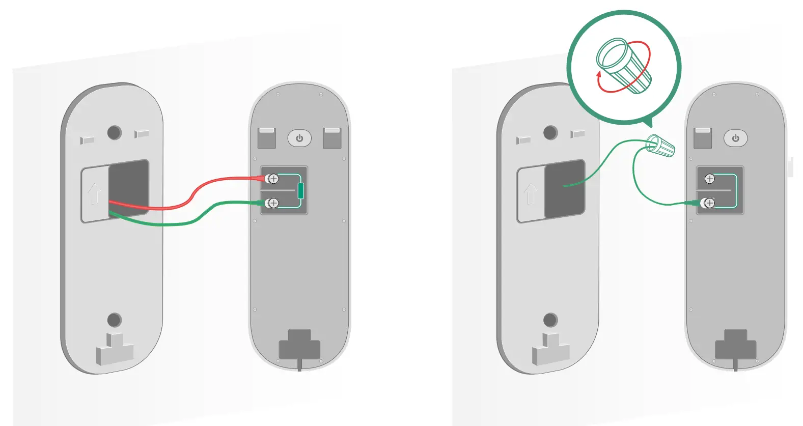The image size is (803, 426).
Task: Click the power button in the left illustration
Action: click(x=299, y=138)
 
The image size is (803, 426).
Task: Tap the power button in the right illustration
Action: click(x=735, y=138)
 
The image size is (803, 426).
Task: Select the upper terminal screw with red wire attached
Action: click(x=273, y=179)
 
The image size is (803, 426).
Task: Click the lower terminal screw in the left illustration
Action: click(x=273, y=203)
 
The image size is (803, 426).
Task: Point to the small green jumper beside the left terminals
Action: click(x=300, y=191)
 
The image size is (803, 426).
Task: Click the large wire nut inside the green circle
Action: click(x=624, y=66)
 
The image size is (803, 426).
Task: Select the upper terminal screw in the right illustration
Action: click(x=709, y=179)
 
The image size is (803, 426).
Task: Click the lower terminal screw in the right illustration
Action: click(x=709, y=203)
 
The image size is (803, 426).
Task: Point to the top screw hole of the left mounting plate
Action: click(x=114, y=133)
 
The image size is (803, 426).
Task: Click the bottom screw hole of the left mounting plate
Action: click(x=114, y=320)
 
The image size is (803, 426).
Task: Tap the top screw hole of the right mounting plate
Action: click(x=550, y=133)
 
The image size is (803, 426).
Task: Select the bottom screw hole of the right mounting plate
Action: click(x=550, y=320)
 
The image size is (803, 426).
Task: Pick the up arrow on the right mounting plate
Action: click(x=531, y=194)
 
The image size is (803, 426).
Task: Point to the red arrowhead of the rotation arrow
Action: click(x=599, y=75)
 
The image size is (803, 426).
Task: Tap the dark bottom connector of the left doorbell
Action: click(x=299, y=346)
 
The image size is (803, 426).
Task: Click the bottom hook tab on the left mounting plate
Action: click(x=115, y=350)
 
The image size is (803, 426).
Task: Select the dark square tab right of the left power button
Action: click(x=332, y=138)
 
